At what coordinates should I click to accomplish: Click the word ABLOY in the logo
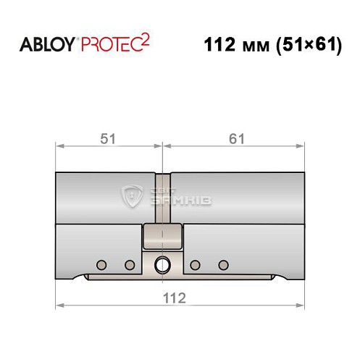pyautogui.click(x=46, y=44)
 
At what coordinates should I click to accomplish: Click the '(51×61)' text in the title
pyautogui.click(x=306, y=44)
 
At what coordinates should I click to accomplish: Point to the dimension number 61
pyautogui.click(x=234, y=136)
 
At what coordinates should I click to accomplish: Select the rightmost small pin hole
pyautogui.click(x=223, y=264)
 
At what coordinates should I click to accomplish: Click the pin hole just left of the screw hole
pyautogui.click(x=130, y=264)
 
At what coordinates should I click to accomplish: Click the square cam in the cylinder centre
pyautogui.click(x=162, y=235)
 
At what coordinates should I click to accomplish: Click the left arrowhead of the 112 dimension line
pyautogui.click(x=59, y=307)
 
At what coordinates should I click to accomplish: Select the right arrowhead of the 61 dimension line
pyautogui.click(x=299, y=147)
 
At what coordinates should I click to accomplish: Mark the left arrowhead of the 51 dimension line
pyautogui.click(x=59, y=147)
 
